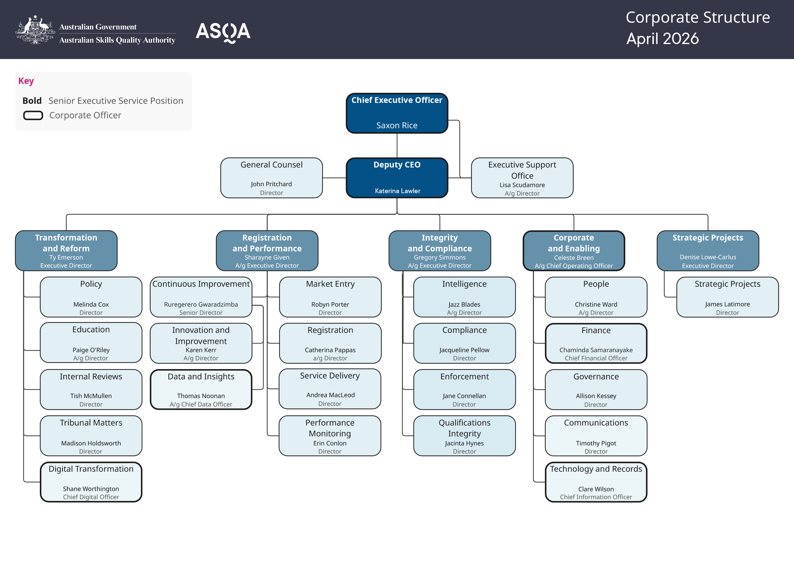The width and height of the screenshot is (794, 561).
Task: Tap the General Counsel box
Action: (x=272, y=177)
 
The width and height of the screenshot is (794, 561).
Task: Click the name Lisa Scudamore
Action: (x=522, y=185)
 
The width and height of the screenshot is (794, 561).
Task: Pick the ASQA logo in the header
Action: (x=223, y=32)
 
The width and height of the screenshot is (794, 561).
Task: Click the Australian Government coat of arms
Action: (x=35, y=30)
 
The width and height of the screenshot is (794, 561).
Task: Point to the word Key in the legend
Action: (x=26, y=81)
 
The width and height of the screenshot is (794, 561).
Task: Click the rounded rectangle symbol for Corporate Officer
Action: (x=33, y=115)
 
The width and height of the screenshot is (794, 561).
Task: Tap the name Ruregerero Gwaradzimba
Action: (x=201, y=304)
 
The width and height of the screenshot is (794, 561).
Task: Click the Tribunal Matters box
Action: (x=91, y=435)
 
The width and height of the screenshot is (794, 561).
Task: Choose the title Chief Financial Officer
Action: (x=596, y=358)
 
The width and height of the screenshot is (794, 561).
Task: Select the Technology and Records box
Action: (x=596, y=482)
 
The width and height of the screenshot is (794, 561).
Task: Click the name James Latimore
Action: (x=727, y=304)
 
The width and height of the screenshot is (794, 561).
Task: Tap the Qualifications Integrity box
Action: (x=464, y=435)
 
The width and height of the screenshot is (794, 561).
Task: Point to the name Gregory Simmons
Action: (x=439, y=257)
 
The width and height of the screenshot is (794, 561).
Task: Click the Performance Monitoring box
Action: (x=330, y=435)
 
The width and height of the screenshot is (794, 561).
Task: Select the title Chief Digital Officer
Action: (x=91, y=497)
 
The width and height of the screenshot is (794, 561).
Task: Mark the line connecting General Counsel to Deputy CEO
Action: (x=334, y=178)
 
